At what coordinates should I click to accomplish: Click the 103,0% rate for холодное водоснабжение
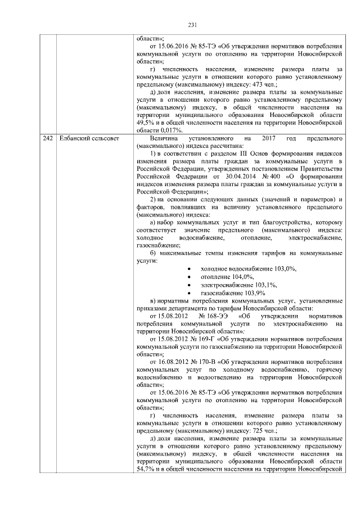point(283,269)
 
